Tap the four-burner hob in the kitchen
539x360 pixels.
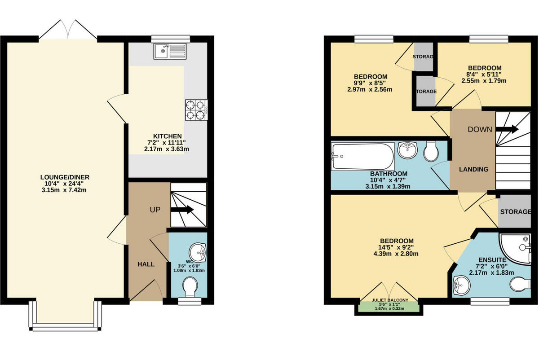click(196, 110)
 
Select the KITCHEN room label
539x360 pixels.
click(168, 136)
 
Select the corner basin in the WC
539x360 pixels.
click(198, 252)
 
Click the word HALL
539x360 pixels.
click(146, 264)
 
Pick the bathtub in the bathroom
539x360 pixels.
click(362, 157)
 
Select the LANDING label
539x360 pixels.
click(473, 169)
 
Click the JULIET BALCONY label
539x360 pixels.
click(389, 300)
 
